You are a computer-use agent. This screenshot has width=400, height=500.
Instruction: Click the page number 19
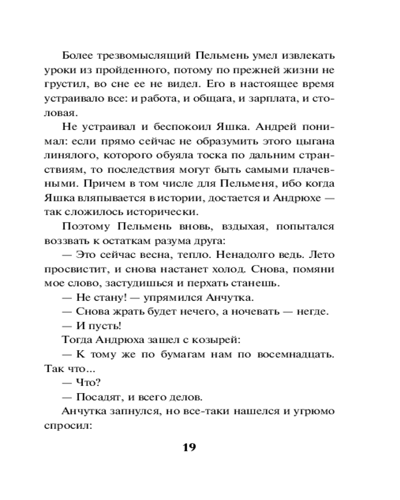(x=189, y=446)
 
